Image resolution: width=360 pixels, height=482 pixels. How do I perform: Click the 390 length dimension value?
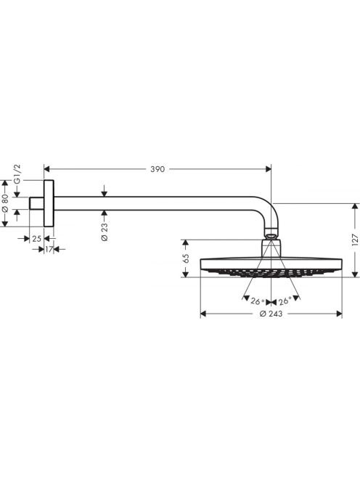tap(157, 169)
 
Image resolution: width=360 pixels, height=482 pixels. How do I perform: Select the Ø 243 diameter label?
tap(271, 314)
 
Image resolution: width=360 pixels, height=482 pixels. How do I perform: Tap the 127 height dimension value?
tap(355, 240)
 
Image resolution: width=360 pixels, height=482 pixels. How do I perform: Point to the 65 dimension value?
tap(186, 258)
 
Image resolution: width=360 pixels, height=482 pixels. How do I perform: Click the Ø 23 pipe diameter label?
tap(105, 232)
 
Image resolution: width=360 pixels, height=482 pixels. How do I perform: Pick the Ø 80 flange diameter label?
tap(4, 203)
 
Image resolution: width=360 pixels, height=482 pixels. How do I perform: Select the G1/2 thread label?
tap(17, 173)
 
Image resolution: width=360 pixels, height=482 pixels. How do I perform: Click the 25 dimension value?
tap(36, 239)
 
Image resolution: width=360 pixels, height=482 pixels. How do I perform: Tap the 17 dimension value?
tap(49, 249)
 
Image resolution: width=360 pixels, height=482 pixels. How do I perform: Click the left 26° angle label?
tap(258, 301)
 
